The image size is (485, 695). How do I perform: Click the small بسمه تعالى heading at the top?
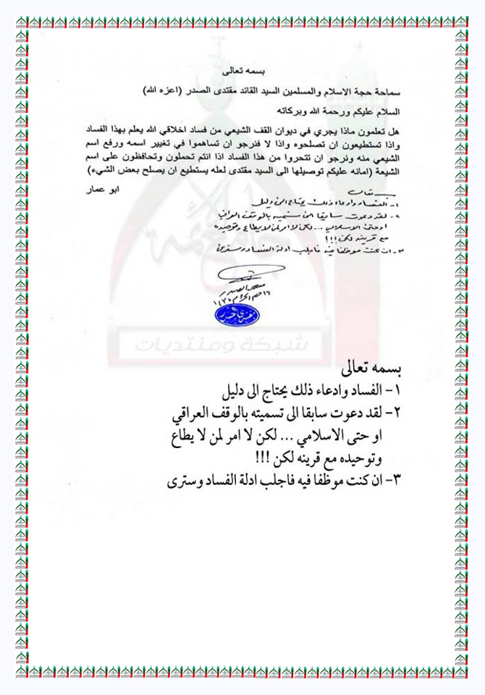[x=242, y=75]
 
